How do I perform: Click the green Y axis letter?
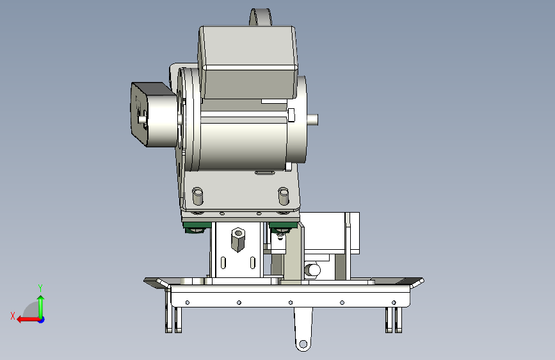pyautogui.click(x=40, y=288)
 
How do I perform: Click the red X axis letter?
pyautogui.click(x=13, y=316)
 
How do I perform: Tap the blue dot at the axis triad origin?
pyautogui.click(x=42, y=320)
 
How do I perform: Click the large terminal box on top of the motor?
pyautogui.click(x=248, y=61)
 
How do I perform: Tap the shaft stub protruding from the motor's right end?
pyautogui.click(x=312, y=119)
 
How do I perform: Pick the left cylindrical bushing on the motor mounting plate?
pyautogui.click(x=198, y=196)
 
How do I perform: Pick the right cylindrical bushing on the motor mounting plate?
pyautogui.click(x=284, y=196)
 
